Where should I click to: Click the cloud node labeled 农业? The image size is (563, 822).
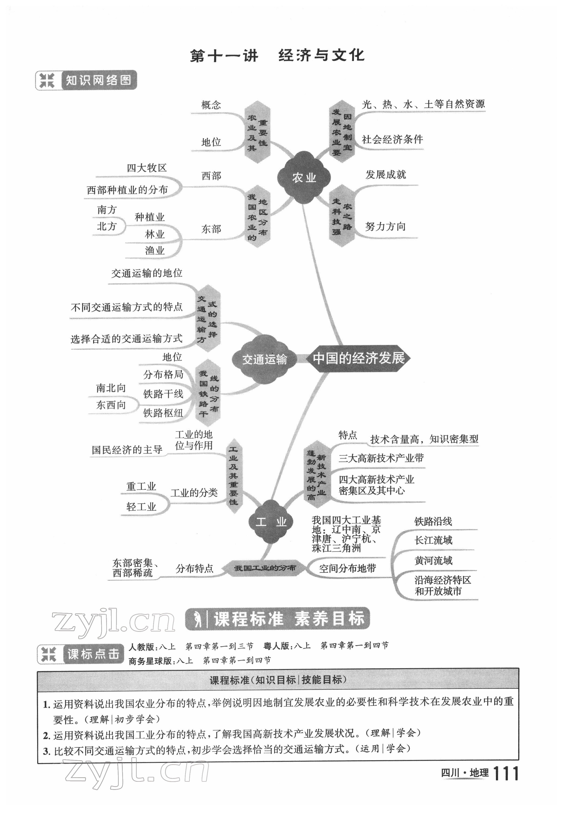pyautogui.click(x=304, y=178)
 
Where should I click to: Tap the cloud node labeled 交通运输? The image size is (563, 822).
pyautogui.click(x=264, y=359)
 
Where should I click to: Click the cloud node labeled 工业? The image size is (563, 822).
pyautogui.click(x=271, y=522)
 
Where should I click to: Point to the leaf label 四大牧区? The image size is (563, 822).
pyautogui.click(x=146, y=168)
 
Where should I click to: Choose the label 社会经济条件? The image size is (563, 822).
pyautogui.click(x=392, y=139)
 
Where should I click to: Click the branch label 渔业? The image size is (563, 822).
pyautogui.click(x=155, y=250)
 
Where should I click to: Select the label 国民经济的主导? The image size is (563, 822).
pyautogui.click(x=127, y=450)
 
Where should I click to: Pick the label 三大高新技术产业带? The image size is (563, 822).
pyautogui.click(x=381, y=458)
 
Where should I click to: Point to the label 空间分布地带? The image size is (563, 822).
pyautogui.click(x=347, y=568)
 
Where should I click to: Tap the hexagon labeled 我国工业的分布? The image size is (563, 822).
pyautogui.click(x=265, y=568)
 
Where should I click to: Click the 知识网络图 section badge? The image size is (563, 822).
pyautogui.click(x=86, y=81)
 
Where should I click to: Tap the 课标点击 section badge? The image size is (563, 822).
pyautogui.click(x=81, y=654)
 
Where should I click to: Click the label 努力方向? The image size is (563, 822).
pyautogui.click(x=385, y=226)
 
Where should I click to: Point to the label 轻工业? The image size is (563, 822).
pyautogui.click(x=141, y=507)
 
